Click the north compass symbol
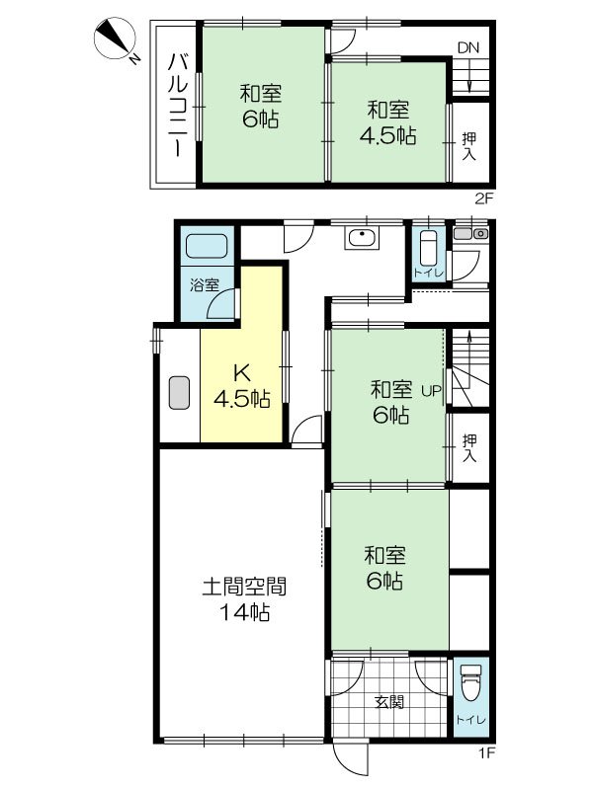pyautogui.click(x=117, y=42)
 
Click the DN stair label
pyautogui.click(x=467, y=47)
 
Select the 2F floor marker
pyautogui.click(x=483, y=197)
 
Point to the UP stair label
pyautogui.click(x=432, y=390)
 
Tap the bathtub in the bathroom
pyautogui.click(x=207, y=248)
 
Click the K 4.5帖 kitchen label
pyautogui.click(x=242, y=386)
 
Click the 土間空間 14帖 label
pyautogui.click(x=243, y=598)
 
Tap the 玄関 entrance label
pyautogui.click(x=389, y=703)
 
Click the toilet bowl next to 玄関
pyautogui.click(x=469, y=683)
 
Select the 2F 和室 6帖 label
pyautogui.click(x=262, y=106)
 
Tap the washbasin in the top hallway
pyautogui.click(x=361, y=238)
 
